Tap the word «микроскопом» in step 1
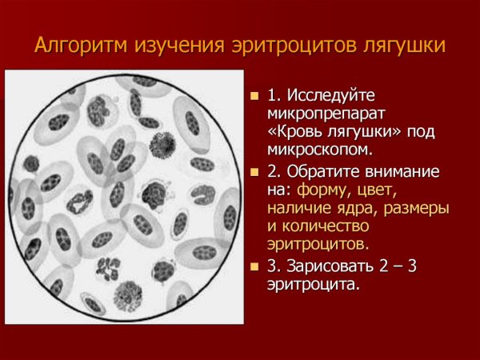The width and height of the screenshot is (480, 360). (x=320, y=150)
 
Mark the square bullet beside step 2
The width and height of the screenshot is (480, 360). (x=254, y=173)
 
